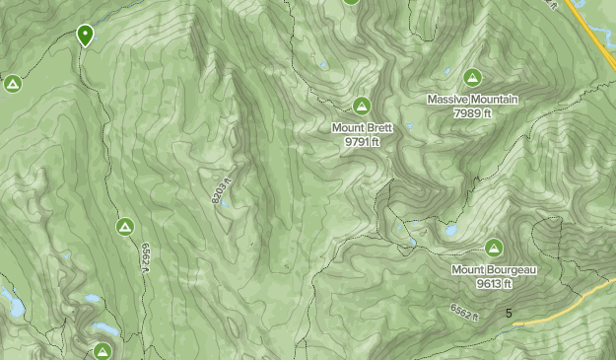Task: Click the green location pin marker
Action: click(85, 36)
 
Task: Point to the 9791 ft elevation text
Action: click(362, 142)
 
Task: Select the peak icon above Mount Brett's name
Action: click(362, 106)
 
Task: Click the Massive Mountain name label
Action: click(473, 100)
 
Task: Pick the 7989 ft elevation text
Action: click(473, 113)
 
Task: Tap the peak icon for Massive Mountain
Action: click(473, 77)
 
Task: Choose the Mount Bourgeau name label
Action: click(494, 270)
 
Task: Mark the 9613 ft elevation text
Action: click(494, 284)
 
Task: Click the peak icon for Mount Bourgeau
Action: click(494, 247)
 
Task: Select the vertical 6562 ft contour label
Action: click(144, 260)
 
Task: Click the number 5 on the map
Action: click(509, 314)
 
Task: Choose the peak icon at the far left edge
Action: click(13, 84)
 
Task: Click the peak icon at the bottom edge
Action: click(103, 351)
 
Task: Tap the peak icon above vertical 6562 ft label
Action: click(125, 228)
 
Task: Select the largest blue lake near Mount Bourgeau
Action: click(450, 231)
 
